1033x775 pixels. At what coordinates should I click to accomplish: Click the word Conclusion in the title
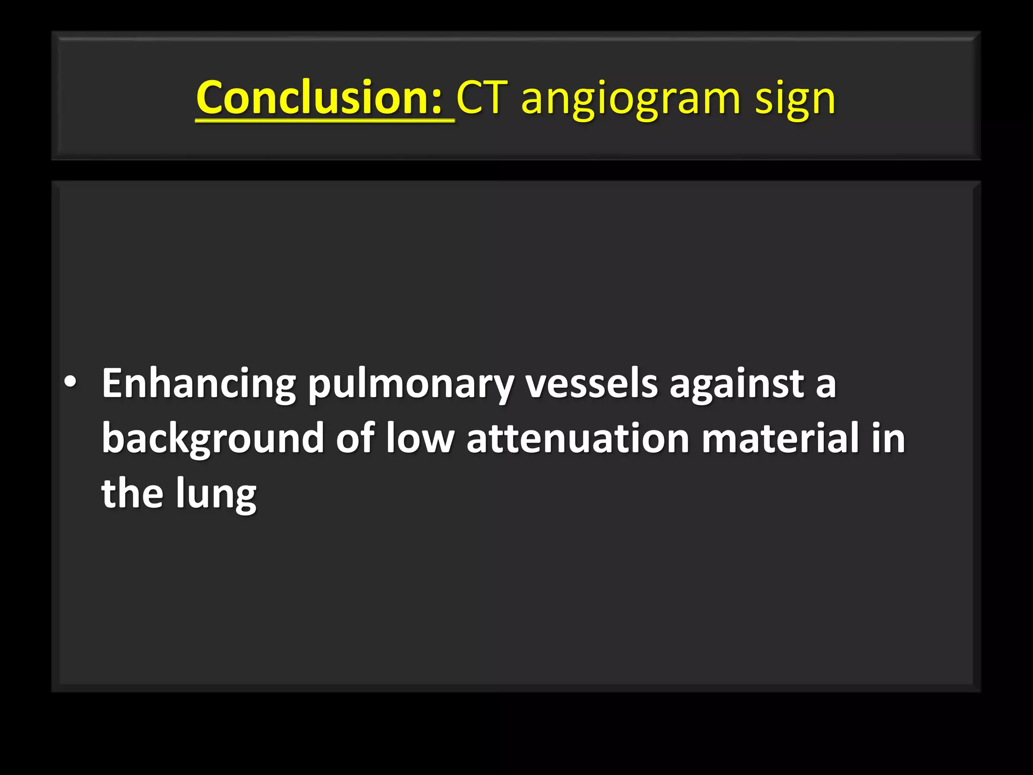point(313,97)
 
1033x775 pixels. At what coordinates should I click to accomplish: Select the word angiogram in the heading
point(631,99)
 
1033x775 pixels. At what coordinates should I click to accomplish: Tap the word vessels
point(591,383)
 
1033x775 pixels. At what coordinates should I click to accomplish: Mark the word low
point(420,438)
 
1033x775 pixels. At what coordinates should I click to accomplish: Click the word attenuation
point(578,438)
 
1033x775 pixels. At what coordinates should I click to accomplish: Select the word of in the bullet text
point(355,438)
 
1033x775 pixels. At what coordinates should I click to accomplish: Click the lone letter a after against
point(825,385)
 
